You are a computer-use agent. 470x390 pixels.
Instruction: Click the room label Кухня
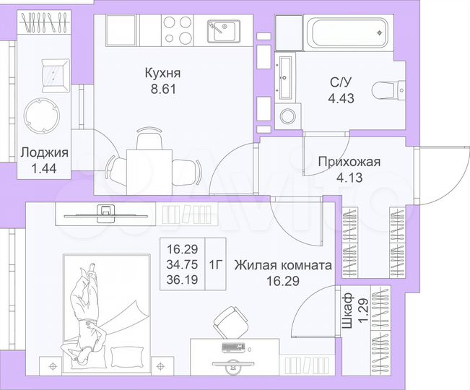tap(162, 74)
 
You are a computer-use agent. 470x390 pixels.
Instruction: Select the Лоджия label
tap(45, 152)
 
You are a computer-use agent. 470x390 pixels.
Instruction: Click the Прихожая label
tap(349, 162)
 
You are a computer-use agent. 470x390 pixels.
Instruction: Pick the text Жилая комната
tap(283, 265)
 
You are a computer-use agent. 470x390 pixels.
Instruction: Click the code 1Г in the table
tap(216, 263)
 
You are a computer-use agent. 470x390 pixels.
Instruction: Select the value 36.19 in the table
tap(182, 277)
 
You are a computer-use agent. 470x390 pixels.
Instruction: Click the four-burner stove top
tap(177, 30)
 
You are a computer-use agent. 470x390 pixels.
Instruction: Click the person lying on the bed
tap(85, 311)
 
